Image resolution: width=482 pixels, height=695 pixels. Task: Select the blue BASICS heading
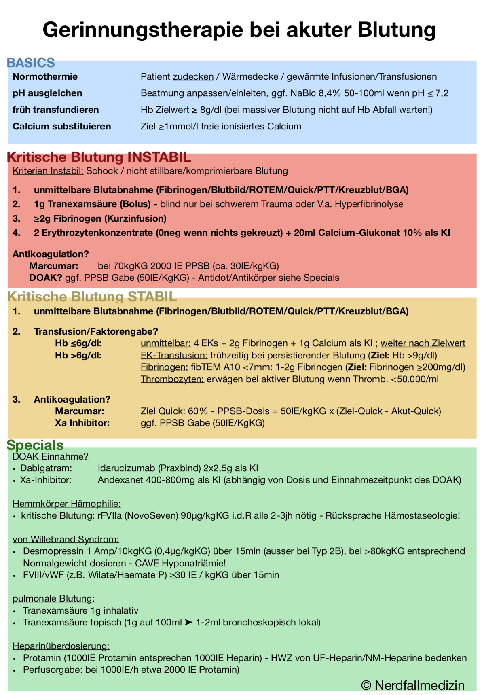pyautogui.click(x=31, y=63)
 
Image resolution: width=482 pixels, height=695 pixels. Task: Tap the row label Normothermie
pyautogui.click(x=45, y=77)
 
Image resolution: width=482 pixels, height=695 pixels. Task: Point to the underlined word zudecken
pyautogui.click(x=193, y=77)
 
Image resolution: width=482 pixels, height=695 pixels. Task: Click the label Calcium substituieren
pyautogui.click(x=61, y=127)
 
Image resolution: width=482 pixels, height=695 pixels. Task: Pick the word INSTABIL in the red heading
pyautogui.click(x=159, y=157)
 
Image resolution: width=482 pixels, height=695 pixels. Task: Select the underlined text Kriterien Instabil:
pyautogui.click(x=48, y=171)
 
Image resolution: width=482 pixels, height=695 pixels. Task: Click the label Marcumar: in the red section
pyautogui.click(x=54, y=266)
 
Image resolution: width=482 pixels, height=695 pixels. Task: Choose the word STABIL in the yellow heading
pyautogui.click(x=152, y=297)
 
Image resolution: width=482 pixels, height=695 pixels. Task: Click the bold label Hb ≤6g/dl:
pyautogui.click(x=78, y=343)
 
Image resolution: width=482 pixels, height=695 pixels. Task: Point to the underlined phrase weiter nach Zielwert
pyautogui.click(x=423, y=343)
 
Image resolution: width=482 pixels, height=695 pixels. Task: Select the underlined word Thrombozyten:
pyautogui.click(x=172, y=379)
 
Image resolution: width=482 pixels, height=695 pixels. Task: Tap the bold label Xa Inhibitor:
pyautogui.click(x=82, y=423)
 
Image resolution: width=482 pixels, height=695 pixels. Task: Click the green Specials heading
pyautogui.click(x=35, y=445)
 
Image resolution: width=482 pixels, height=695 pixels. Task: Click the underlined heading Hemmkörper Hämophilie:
pyautogui.click(x=67, y=504)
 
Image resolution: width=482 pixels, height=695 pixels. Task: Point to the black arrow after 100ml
pyautogui.click(x=188, y=623)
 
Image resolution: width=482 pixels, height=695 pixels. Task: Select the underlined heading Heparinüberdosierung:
pyautogui.click(x=61, y=646)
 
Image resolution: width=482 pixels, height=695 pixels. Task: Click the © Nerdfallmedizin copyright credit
pyautogui.click(x=413, y=685)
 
